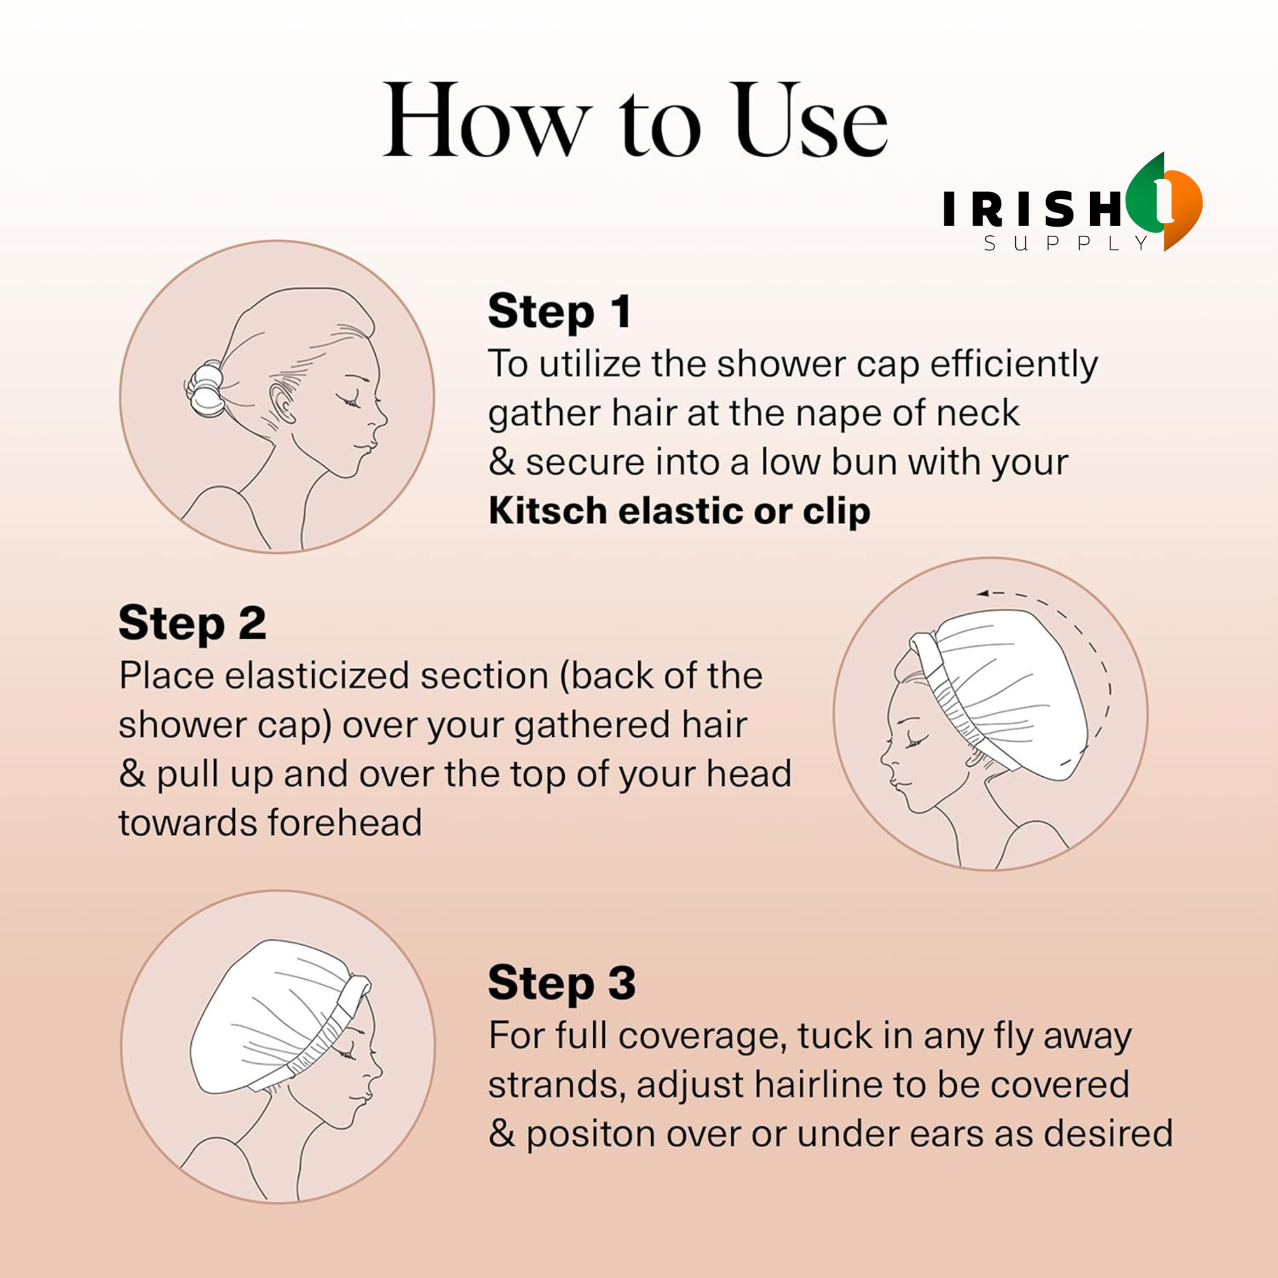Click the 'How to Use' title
[636, 120]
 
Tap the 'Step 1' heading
[560, 311]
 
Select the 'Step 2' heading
[192, 623]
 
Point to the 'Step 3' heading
[562, 983]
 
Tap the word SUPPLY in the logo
[1067, 244]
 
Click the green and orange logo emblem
[1164, 201]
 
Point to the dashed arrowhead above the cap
[983, 594]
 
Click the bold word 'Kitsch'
[548, 511]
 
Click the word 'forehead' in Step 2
[345, 824]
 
